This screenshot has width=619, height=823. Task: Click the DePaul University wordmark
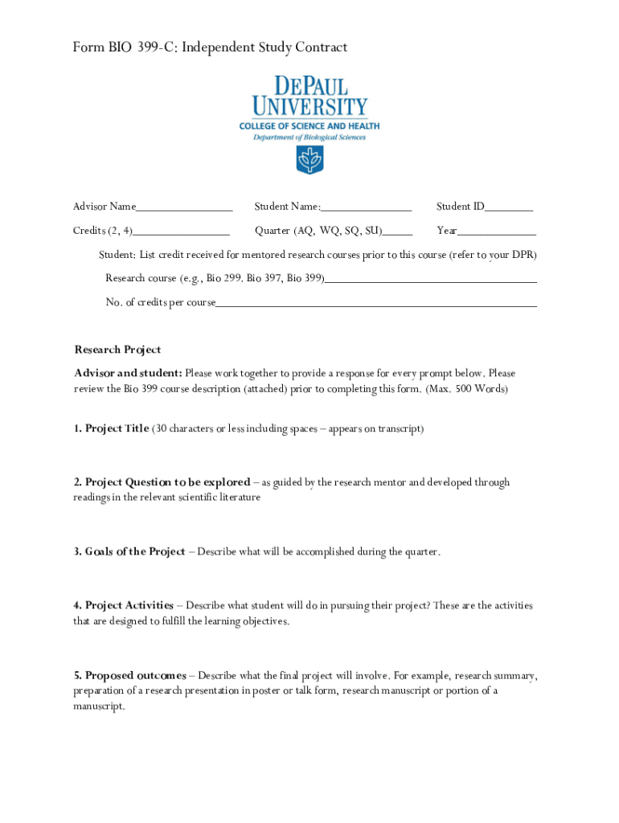tap(309, 96)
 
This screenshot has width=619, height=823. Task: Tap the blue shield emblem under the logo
tap(309, 160)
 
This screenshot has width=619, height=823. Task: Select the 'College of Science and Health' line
tap(309, 126)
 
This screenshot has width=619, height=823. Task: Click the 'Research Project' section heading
tap(117, 350)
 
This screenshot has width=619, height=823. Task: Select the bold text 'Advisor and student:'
tap(128, 374)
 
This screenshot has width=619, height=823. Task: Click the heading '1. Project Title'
tap(111, 429)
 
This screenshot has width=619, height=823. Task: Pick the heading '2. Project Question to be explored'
tap(162, 483)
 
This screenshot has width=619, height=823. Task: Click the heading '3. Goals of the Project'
tap(129, 552)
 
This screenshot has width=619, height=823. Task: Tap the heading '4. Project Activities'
tap(123, 605)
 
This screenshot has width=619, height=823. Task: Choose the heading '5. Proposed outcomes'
tap(129, 676)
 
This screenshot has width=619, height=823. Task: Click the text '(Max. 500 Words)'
tap(467, 389)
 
